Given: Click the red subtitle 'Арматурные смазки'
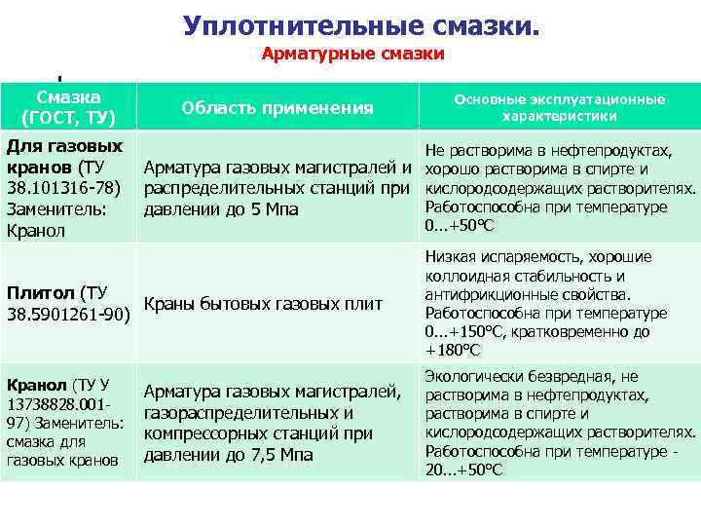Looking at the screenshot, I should click(x=352, y=55).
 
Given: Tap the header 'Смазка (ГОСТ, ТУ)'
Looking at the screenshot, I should click(x=68, y=107).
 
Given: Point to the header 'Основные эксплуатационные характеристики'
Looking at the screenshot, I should click(x=559, y=107).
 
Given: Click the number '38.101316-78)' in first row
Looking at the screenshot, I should click(x=63, y=188).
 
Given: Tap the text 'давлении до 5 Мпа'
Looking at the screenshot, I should click(x=221, y=209).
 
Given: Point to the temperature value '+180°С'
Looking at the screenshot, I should click(x=454, y=350).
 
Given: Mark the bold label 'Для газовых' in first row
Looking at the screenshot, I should click(x=64, y=146).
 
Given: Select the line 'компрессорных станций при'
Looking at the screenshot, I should click(x=258, y=433).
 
